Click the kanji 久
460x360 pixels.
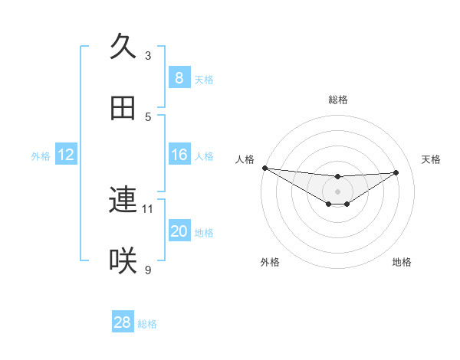click(123, 46)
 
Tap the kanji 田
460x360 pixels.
click(123, 108)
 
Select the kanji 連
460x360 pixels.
click(123, 200)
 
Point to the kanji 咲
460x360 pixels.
click(123, 261)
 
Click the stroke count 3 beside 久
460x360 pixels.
click(148, 55)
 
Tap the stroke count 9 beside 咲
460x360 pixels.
click(148, 270)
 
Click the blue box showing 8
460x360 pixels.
click(179, 78)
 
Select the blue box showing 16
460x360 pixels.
click(179, 155)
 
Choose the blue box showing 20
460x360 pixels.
click(179, 231)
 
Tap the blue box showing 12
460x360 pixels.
click(66, 155)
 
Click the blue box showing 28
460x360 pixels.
click(123, 322)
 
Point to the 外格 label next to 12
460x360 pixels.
click(41, 155)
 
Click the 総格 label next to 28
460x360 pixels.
click(147, 324)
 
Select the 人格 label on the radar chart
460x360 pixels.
click(245, 159)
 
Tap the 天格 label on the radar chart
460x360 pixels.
click(431, 159)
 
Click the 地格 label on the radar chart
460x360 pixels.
click(402, 262)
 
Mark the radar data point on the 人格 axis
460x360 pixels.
click(264, 168)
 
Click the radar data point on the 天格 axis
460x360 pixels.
click(396, 172)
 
